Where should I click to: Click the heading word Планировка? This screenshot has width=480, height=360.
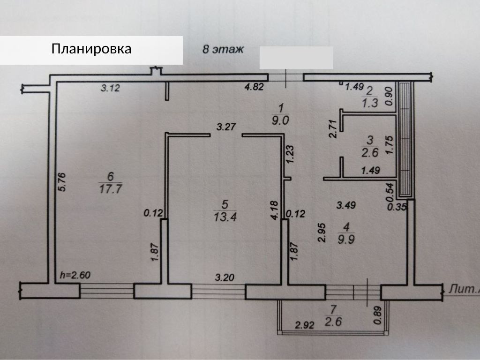(91, 49)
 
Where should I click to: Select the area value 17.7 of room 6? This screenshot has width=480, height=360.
(111, 189)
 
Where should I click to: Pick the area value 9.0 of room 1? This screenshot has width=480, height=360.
(281, 120)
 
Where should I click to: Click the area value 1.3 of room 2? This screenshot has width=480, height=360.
(370, 104)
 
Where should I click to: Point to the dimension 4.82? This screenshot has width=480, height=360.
(255, 87)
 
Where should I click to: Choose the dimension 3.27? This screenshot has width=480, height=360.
(225, 126)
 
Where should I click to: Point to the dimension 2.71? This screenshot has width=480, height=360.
(332, 128)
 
